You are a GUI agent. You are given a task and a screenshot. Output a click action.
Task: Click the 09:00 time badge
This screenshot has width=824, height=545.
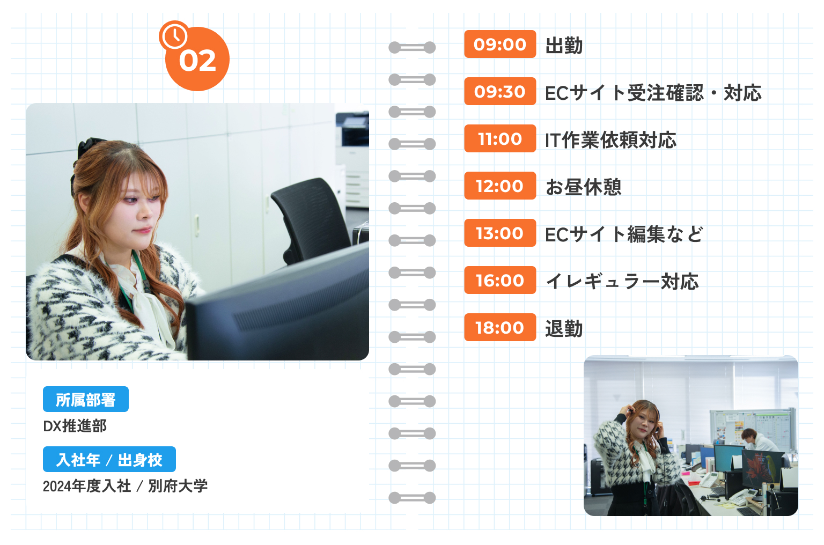[x=500, y=44]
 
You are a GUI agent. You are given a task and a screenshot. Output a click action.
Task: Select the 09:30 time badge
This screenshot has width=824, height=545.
[x=500, y=91]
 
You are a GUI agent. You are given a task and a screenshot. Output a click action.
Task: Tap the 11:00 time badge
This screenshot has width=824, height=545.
[x=500, y=138]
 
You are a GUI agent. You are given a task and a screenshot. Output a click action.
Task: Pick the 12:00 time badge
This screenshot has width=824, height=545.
[x=500, y=186]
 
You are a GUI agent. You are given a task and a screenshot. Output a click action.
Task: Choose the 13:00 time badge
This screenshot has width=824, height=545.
[x=500, y=233]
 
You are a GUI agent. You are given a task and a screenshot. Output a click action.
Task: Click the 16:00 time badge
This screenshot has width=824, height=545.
[x=500, y=280]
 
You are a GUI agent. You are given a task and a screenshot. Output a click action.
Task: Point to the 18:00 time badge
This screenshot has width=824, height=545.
[x=500, y=327]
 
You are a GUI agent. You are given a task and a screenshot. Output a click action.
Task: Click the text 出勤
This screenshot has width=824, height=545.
[x=564, y=46]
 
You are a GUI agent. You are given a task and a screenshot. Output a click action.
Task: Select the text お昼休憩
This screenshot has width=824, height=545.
[x=584, y=187]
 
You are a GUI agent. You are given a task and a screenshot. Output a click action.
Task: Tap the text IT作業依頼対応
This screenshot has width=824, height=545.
[x=610, y=140]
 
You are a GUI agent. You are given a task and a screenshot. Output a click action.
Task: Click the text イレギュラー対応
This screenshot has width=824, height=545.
[x=622, y=281]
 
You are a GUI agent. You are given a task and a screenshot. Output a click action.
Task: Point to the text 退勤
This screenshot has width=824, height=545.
[x=564, y=328]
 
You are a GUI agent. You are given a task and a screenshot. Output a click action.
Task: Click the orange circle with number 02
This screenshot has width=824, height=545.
[x=197, y=60]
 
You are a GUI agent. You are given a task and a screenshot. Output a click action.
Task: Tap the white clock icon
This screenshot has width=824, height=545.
[x=174, y=35]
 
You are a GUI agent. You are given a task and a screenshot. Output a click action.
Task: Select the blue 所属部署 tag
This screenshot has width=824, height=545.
[x=86, y=399]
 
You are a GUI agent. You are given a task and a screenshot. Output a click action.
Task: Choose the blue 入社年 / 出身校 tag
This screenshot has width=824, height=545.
[x=109, y=459]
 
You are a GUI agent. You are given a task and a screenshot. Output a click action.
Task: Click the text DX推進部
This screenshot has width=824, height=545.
[x=75, y=426]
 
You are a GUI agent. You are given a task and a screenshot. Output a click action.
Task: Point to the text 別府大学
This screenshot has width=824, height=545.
[x=178, y=486]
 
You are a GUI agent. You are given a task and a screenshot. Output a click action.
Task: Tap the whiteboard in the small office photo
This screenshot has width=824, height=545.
[x=751, y=429]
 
